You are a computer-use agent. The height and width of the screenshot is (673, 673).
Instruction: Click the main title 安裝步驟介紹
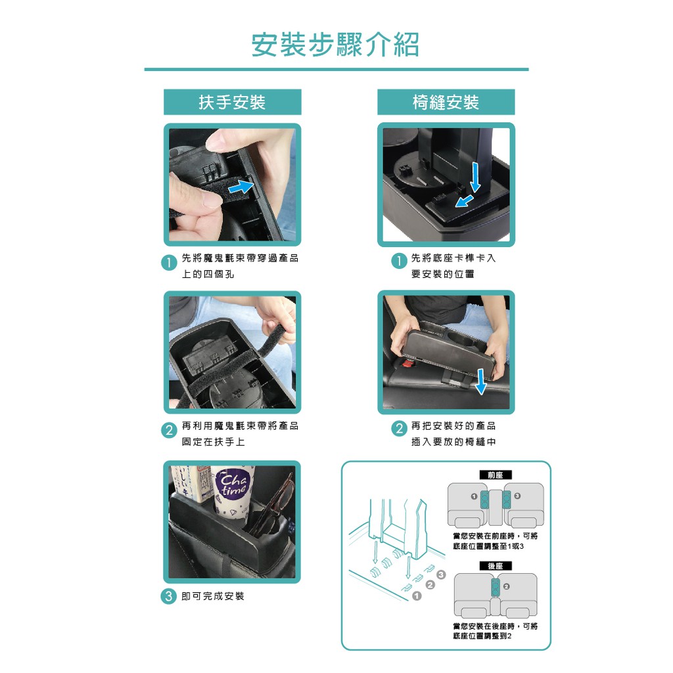point(335,44)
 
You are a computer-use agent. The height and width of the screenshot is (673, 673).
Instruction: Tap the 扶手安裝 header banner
point(233,102)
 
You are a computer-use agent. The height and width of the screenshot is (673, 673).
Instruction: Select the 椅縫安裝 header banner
point(446,102)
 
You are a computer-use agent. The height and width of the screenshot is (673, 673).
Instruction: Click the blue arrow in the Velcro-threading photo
point(241,187)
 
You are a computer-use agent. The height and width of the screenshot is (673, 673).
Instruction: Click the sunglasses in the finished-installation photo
point(275,504)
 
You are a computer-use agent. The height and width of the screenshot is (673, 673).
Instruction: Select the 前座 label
point(496,475)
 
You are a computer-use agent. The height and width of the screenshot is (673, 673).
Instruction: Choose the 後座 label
point(496,566)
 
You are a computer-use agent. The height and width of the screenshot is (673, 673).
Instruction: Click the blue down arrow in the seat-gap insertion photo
point(480,381)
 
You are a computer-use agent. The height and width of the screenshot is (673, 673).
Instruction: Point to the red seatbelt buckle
point(408,363)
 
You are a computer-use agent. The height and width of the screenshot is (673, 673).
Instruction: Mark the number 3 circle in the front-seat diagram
point(517,496)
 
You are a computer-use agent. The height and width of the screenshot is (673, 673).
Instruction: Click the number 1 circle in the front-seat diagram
point(474,496)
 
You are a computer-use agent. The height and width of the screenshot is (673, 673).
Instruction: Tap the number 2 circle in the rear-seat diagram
point(507,586)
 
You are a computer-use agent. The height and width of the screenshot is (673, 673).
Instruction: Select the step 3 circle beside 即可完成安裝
point(169,596)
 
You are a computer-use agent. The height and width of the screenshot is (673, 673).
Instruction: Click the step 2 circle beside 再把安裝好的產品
point(399,429)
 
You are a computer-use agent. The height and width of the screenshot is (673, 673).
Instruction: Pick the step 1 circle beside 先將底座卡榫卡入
point(399,260)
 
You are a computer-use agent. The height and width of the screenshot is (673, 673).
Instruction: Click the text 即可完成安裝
point(213,596)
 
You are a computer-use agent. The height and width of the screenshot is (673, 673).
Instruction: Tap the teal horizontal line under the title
point(336,69)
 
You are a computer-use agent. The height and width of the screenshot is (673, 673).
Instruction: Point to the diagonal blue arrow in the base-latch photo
point(465,200)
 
